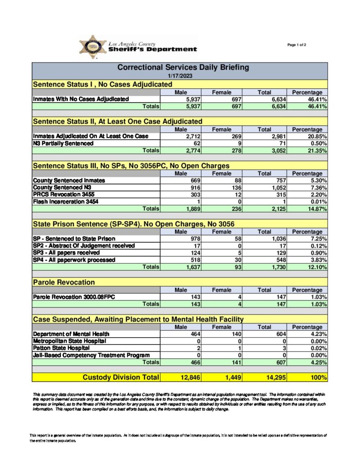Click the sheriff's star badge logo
93,47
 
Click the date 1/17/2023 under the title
180,76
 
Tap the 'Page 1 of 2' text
297,45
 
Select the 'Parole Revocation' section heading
64,283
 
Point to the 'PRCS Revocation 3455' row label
66,194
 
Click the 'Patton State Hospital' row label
58,348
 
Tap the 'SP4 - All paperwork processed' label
73,260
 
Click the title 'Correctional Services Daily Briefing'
180,67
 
